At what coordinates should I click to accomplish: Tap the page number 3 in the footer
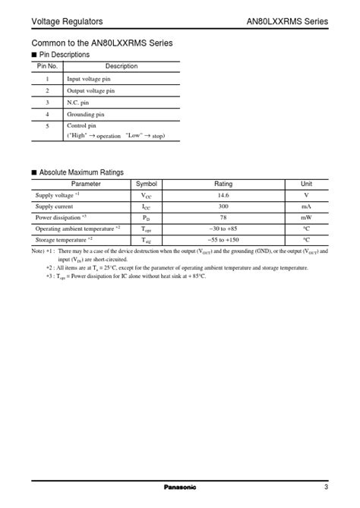(x=325, y=487)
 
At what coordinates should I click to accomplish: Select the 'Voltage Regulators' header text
(x=67, y=21)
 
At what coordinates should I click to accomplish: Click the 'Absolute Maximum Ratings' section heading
(x=81, y=172)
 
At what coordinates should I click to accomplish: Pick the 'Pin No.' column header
(x=47, y=66)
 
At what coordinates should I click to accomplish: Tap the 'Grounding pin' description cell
(x=86, y=113)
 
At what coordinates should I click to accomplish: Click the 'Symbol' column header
(x=147, y=184)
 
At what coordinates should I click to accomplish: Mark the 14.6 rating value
(x=223, y=195)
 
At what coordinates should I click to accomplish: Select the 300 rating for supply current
(x=223, y=206)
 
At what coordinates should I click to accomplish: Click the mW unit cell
(x=306, y=216)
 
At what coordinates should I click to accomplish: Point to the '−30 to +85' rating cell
(x=223, y=228)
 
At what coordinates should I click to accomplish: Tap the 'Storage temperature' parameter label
(x=64, y=238)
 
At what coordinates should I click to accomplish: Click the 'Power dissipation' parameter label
(x=59, y=216)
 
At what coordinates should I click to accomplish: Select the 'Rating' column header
(x=223, y=184)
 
